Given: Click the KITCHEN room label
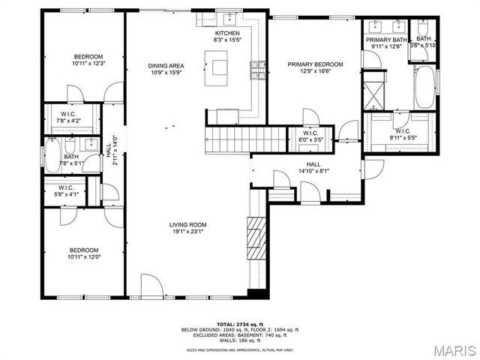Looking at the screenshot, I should click(226, 34).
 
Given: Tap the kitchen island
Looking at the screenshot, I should click(220, 66).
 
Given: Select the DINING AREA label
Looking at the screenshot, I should click(166, 66).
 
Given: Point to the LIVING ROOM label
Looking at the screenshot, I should click(187, 224).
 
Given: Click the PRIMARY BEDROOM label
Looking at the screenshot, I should click(315, 64).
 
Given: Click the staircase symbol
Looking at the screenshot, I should click(247, 138).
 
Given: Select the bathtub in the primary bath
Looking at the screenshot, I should click(424, 86).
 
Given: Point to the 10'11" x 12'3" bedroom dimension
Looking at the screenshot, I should click(88, 64).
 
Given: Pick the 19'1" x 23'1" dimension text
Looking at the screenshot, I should click(187, 232).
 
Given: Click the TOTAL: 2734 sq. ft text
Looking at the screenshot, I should click(240, 324).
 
